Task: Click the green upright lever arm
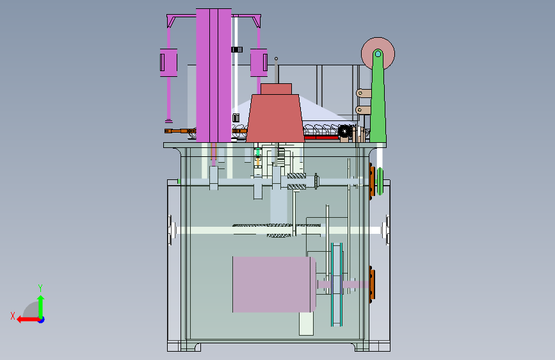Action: pyautogui.click(x=378, y=99)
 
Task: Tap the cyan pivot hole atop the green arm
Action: pyautogui.click(x=378, y=54)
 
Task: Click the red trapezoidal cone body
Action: pyautogui.click(x=275, y=118)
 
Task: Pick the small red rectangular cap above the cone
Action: pyautogui.click(x=276, y=89)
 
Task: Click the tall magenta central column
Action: pyautogui.click(x=213, y=75)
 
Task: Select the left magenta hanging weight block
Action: pyautogui.click(x=168, y=63)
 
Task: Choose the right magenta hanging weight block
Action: pyautogui.click(x=259, y=63)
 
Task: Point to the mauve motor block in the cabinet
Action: pyautogui.click(x=274, y=284)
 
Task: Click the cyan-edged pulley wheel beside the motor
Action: pyautogui.click(x=337, y=284)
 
